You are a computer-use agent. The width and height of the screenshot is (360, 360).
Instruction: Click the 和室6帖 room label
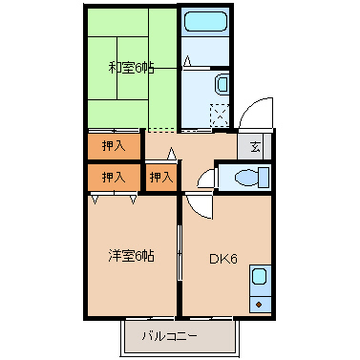coord(131,67)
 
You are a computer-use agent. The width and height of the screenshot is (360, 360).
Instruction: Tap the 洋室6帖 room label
coord(131,255)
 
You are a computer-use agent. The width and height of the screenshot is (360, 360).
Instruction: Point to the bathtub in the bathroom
coord(203,23)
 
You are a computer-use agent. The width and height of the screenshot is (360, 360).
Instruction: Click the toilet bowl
coord(251,177)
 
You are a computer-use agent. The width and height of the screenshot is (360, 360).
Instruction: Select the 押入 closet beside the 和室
coord(113,146)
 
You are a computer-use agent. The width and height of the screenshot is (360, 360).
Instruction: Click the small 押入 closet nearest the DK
coord(161,177)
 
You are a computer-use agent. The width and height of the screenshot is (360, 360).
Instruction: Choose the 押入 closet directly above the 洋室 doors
coord(113,177)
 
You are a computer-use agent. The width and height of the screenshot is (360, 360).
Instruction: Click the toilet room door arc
coord(204,177)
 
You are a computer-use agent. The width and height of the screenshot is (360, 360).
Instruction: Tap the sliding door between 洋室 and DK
coord(180,253)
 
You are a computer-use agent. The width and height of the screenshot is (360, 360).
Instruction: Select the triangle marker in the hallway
coord(171,153)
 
